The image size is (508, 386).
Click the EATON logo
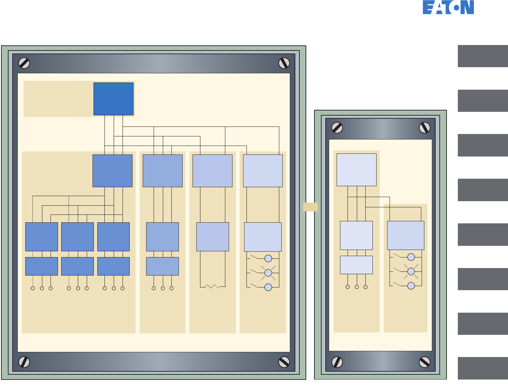448,7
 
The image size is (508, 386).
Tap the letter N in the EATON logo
467,7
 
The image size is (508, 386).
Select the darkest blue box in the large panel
113,99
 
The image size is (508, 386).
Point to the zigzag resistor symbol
213,286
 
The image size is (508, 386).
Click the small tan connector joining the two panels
310,207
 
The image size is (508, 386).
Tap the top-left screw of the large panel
24,63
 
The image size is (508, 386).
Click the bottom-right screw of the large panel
284,362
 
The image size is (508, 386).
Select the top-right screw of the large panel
284,63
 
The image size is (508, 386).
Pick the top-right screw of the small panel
424,128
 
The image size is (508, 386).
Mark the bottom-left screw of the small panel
337,362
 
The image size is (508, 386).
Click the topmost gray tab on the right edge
483,56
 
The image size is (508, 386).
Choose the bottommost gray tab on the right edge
483,368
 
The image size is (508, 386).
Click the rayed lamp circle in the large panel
268,273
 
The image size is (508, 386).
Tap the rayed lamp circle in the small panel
411,271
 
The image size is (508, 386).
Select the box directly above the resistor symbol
213,237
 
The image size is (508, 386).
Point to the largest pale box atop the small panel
356,170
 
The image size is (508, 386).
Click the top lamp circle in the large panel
268,258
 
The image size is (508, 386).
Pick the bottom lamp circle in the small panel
411,286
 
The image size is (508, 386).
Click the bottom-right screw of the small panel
424,362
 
